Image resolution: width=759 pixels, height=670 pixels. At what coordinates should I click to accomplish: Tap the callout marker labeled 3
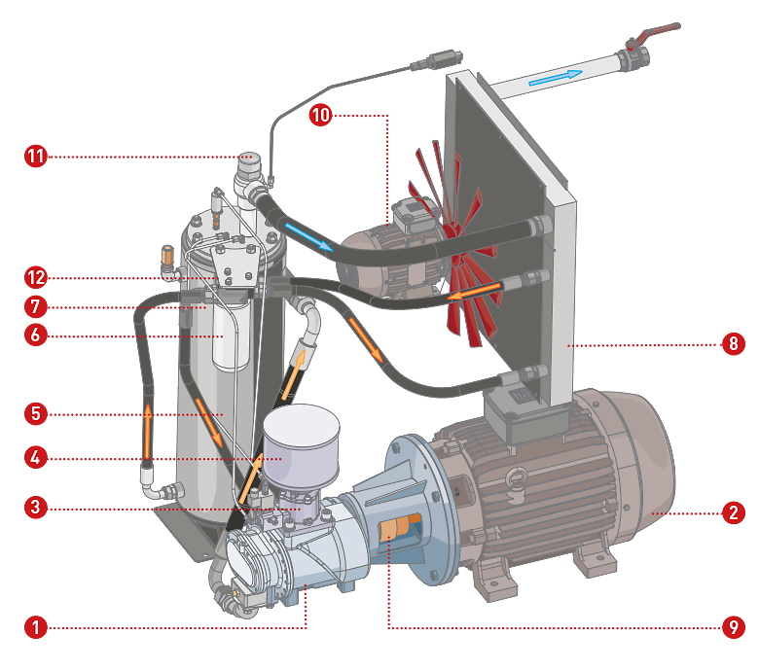[x=35, y=507]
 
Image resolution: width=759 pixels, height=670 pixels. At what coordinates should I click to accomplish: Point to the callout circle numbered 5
[x=35, y=412]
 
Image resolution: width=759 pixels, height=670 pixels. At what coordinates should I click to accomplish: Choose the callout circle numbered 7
[x=35, y=306]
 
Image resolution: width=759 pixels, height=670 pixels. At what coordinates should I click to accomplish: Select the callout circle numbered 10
[x=320, y=115]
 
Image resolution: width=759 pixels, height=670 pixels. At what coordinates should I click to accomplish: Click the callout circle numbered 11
[x=35, y=156]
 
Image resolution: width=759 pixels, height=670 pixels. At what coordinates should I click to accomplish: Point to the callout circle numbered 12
[x=35, y=277]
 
